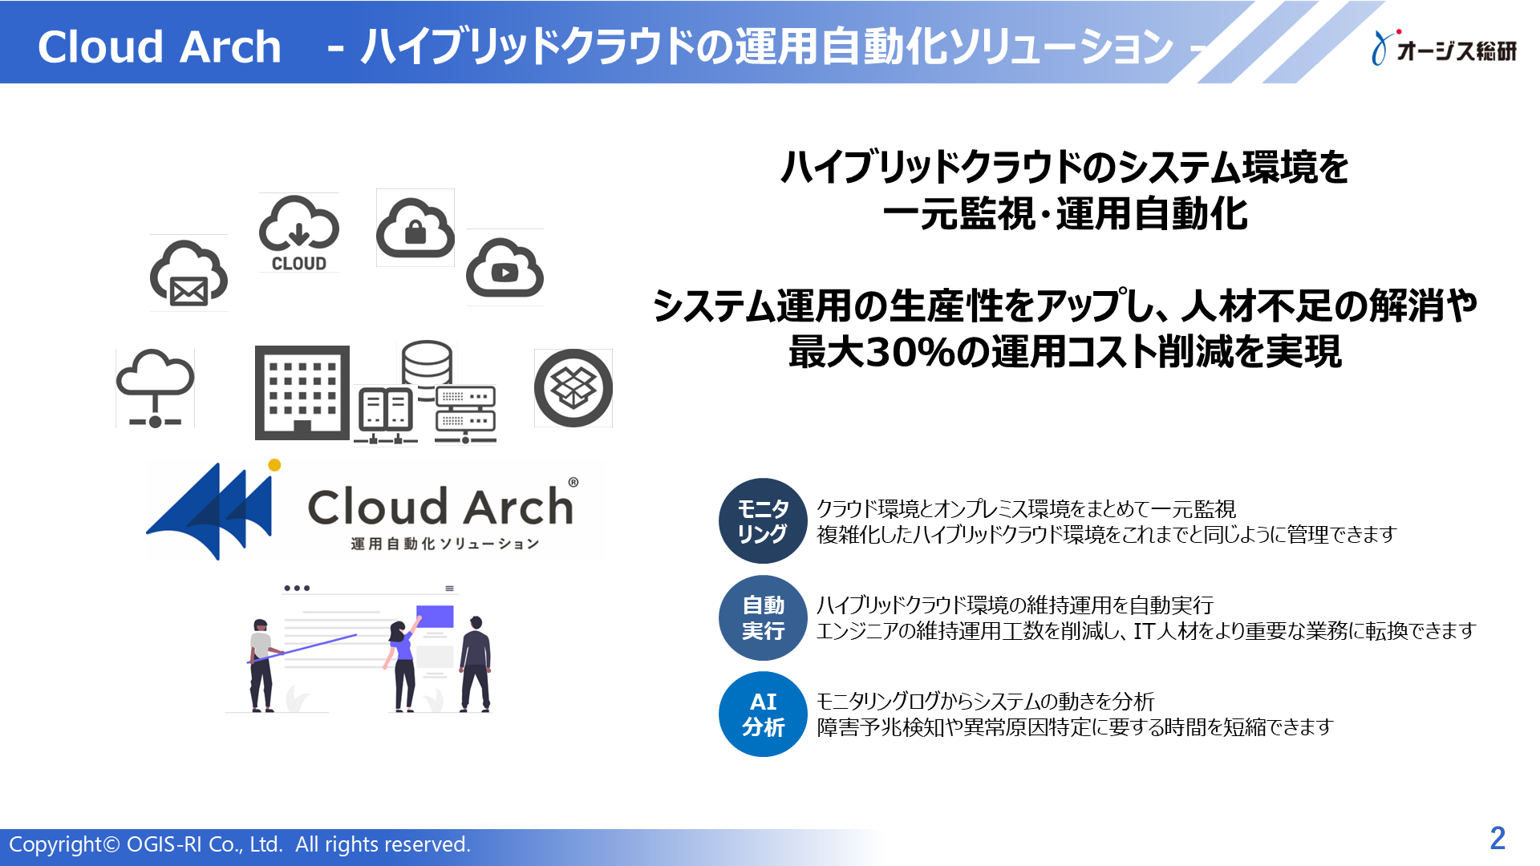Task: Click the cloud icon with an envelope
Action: pyautogui.click(x=188, y=273)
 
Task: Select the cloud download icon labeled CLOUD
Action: pyautogui.click(x=298, y=233)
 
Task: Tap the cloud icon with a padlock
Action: pyautogui.click(x=415, y=228)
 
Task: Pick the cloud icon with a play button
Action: pyautogui.click(x=505, y=268)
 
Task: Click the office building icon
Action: pyautogui.click(x=302, y=393)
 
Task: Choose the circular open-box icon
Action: pyautogui.click(x=573, y=388)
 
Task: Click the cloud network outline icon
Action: pyautogui.click(x=155, y=388)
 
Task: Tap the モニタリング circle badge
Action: pyautogui.click(x=763, y=521)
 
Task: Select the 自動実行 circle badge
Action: pyautogui.click(x=763, y=618)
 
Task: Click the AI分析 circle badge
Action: pyautogui.click(x=763, y=714)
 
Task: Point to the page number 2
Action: pyautogui.click(x=1497, y=839)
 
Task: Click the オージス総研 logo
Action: pyautogui.click(x=1445, y=49)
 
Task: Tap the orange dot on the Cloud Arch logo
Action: pyautogui.click(x=274, y=465)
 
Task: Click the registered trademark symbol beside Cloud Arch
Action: pyautogui.click(x=573, y=483)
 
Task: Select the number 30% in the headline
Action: pyautogui.click(x=906, y=352)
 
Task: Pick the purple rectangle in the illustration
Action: pyautogui.click(x=435, y=617)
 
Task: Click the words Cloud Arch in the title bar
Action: pyautogui.click(x=160, y=47)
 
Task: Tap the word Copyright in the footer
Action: pyautogui.click(x=55, y=844)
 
